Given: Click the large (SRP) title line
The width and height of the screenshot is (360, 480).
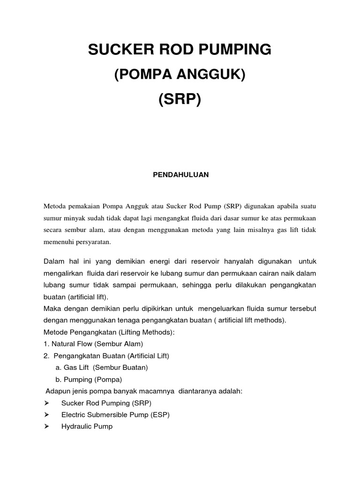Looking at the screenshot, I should click(x=180, y=100).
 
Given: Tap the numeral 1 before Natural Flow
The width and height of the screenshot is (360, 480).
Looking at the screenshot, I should click(x=45, y=344).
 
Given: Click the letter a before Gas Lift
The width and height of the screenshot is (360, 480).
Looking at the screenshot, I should click(x=58, y=367).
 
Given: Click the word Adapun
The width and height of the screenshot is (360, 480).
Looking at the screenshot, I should click(x=57, y=391).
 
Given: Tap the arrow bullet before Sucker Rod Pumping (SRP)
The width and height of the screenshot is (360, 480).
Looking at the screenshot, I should click(x=46, y=403).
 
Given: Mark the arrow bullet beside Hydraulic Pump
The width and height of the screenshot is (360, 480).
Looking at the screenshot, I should click(x=46, y=427).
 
